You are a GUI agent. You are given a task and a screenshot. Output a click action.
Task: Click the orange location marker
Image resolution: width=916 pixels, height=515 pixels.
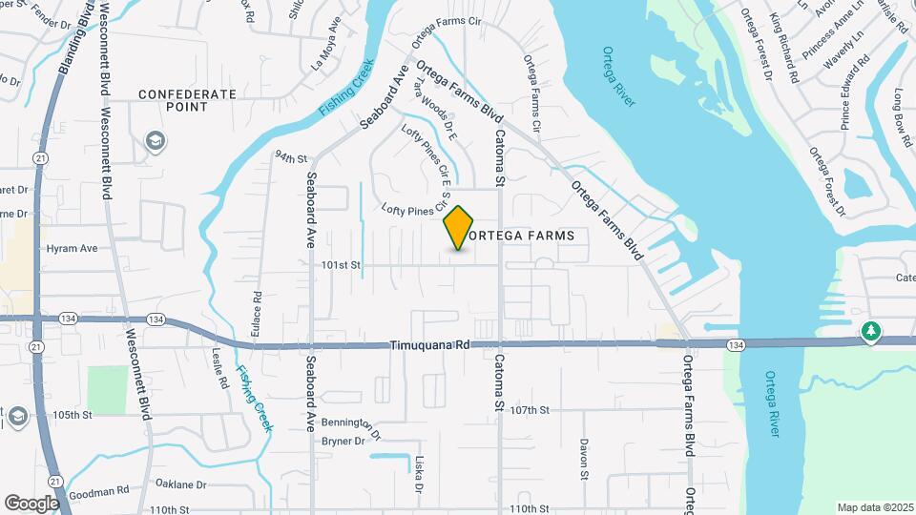459,228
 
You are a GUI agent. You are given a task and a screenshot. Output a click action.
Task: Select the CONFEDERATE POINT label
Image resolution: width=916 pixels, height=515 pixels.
187,100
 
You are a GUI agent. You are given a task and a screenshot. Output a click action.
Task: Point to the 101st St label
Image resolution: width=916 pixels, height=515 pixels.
342,264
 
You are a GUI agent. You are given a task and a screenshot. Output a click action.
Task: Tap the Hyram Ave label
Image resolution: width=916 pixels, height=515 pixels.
73,248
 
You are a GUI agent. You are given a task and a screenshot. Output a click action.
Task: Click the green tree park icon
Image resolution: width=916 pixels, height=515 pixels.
869,332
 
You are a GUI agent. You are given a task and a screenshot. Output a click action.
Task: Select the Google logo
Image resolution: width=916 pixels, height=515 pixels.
31,503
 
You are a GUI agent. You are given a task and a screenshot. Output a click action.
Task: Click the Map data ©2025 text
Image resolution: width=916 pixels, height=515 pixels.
874,507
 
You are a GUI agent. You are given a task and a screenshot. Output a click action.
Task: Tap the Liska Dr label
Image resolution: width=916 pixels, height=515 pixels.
419,474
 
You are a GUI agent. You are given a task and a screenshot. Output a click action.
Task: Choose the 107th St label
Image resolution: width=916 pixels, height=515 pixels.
531,410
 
